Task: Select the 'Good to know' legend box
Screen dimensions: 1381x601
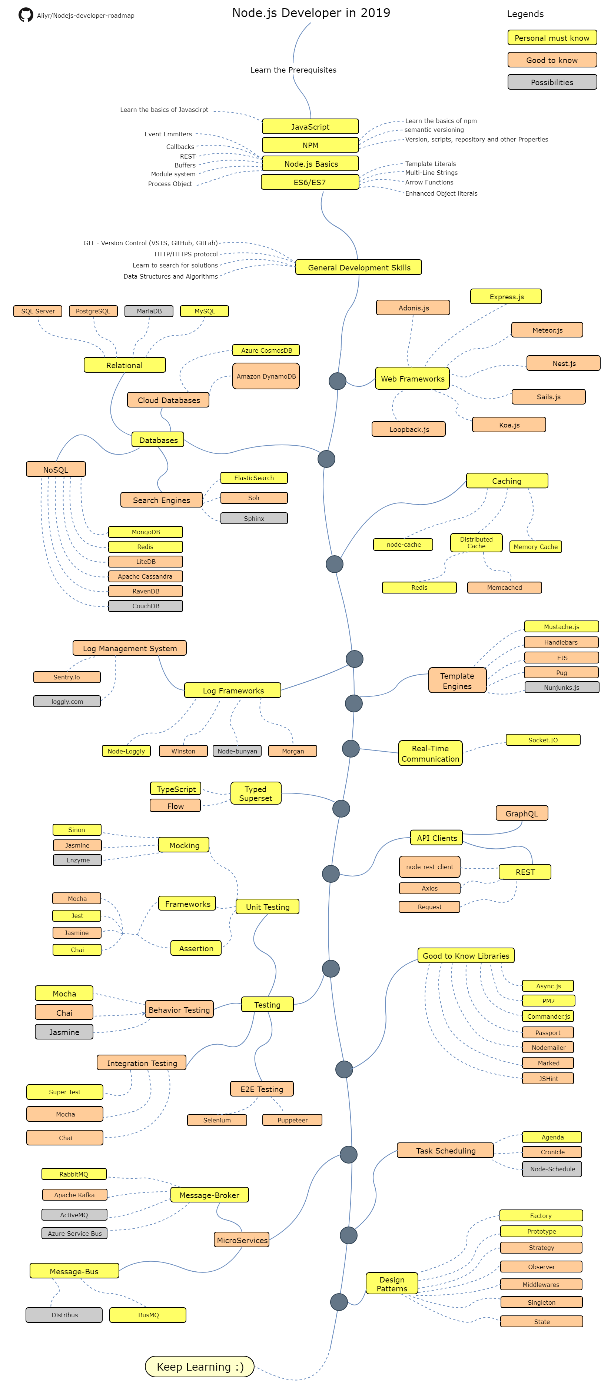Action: point(552,60)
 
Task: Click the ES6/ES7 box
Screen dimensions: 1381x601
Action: point(309,182)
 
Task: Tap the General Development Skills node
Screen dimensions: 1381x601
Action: point(359,267)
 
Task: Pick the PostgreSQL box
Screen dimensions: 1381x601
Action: point(93,311)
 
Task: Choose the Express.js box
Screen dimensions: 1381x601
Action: point(506,296)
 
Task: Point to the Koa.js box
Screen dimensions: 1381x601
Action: point(509,425)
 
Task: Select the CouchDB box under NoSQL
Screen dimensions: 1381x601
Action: point(145,606)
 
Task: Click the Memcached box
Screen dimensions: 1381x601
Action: point(504,588)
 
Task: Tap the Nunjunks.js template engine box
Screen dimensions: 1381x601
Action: point(561,687)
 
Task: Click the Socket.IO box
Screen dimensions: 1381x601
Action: point(542,740)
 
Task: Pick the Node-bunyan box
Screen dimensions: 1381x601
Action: point(237,751)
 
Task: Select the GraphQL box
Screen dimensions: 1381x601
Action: point(521,813)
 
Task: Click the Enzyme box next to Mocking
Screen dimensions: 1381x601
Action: point(78,860)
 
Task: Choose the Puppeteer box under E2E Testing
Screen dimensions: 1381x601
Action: point(292,1120)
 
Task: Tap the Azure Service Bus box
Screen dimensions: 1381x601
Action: point(74,1233)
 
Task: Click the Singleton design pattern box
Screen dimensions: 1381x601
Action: point(541,1302)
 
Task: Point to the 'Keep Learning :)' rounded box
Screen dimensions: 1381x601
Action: point(199,1367)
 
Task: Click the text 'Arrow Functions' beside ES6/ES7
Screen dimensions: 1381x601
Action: point(429,182)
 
